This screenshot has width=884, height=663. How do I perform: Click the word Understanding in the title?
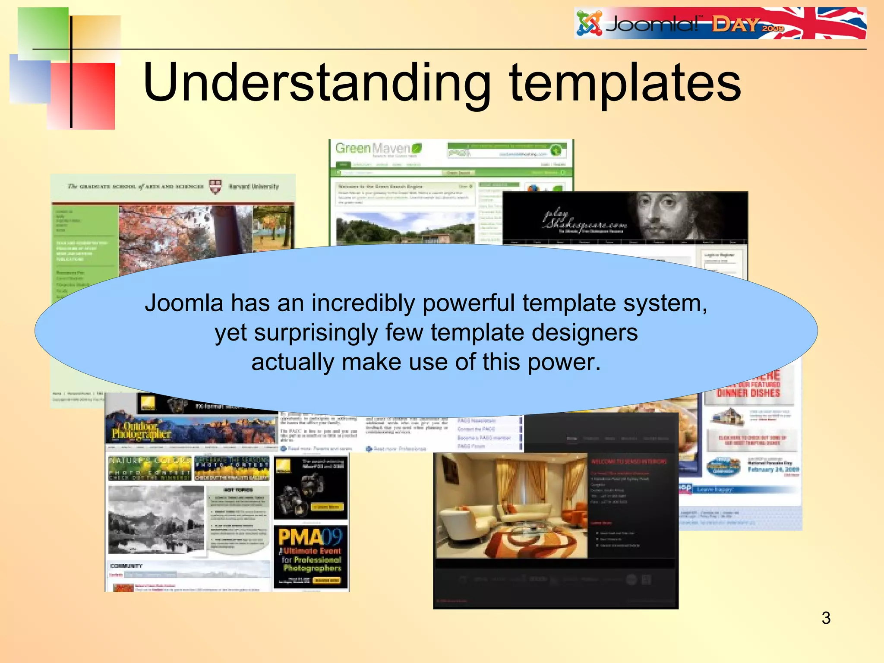tap(316, 83)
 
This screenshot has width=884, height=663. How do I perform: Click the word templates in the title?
tap(625, 83)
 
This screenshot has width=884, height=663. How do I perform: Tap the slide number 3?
tap(826, 618)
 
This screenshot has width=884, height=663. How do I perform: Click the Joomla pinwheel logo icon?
tap(589, 24)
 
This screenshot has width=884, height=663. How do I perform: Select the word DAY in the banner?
tap(735, 25)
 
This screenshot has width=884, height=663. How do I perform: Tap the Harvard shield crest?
tap(215, 186)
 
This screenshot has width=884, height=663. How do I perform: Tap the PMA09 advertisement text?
tap(310, 538)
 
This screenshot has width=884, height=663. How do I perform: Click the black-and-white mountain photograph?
tap(156, 519)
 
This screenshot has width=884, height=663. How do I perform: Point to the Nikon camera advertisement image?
tap(310, 488)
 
